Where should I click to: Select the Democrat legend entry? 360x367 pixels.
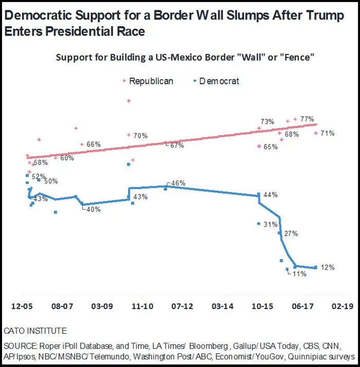tap(219, 81)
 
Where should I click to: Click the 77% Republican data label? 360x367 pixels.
tap(307, 119)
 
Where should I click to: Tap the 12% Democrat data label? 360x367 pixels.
tap(328, 267)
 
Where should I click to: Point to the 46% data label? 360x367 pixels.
tap(178, 183)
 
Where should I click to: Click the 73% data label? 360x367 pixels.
tap(267, 122)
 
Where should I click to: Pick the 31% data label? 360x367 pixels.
tap(270, 225)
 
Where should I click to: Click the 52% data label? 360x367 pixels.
tap(39, 176)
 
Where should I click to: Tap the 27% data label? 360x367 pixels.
tap(291, 234)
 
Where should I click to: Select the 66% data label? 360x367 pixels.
tap(94, 144)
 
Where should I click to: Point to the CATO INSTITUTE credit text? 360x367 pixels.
tap(35, 331)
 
